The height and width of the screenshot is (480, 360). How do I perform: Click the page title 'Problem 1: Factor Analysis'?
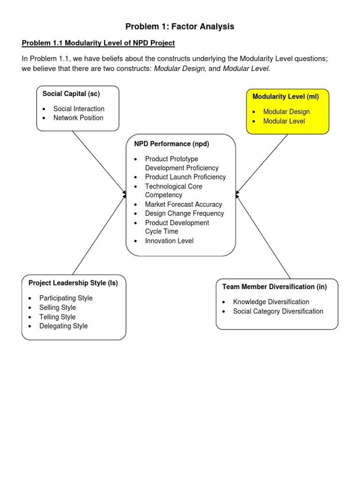[x=180, y=27]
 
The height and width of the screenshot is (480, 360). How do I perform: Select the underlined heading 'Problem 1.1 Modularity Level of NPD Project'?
[x=98, y=43]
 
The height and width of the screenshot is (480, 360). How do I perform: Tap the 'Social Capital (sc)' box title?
[x=71, y=94]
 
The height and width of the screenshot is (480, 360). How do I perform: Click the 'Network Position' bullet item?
[x=78, y=118]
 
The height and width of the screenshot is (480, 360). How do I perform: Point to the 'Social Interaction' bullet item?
[x=79, y=109]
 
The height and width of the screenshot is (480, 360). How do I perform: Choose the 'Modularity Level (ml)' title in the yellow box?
[x=285, y=97]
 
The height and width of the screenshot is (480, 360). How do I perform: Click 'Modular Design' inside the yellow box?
[x=286, y=112]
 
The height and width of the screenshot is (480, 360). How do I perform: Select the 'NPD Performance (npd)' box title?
[x=172, y=144]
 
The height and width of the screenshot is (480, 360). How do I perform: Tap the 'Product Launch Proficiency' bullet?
[x=185, y=177]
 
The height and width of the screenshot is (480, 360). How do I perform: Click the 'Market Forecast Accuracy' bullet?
[x=183, y=204]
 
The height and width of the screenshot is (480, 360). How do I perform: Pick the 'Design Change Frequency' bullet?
[x=184, y=213]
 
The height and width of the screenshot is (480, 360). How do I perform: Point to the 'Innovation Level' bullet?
[x=169, y=241]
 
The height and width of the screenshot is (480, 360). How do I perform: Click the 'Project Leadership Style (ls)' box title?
[x=73, y=283]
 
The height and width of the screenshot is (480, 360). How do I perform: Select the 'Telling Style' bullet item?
[x=57, y=317]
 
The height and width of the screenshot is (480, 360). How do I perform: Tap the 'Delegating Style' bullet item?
[x=63, y=326]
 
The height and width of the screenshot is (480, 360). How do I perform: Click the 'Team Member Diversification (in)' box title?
[x=275, y=286]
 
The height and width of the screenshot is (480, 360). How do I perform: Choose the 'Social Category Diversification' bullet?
[x=278, y=311]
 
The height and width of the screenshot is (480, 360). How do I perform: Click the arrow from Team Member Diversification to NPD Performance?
[x=263, y=237]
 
